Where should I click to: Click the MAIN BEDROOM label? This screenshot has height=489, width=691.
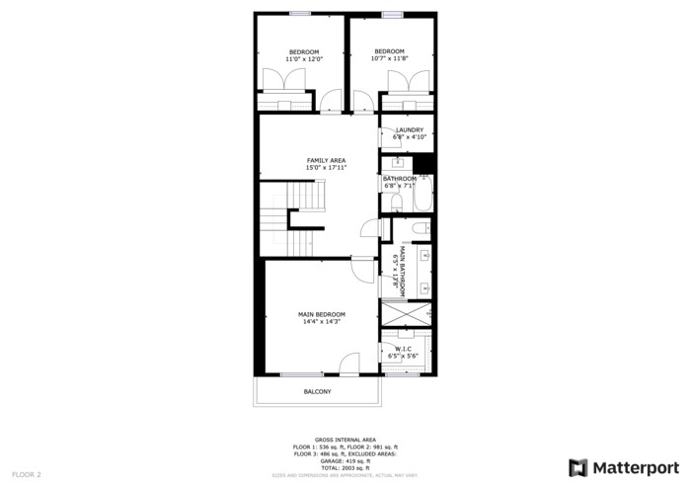point(322,314)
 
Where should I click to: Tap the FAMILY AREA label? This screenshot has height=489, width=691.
point(326,160)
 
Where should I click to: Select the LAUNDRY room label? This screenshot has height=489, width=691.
point(409,129)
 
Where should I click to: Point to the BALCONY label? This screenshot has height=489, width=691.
point(317,392)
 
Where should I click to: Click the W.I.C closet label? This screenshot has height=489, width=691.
point(404,349)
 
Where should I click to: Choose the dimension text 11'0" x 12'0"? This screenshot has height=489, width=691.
point(304,59)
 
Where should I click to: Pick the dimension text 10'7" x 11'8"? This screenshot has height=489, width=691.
point(389,59)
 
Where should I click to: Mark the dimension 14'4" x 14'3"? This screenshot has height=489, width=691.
point(322,322)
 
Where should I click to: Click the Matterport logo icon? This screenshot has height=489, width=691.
point(578,467)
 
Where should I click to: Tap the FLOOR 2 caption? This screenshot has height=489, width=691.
point(26,474)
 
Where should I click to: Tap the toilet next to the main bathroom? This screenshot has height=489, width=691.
point(418,230)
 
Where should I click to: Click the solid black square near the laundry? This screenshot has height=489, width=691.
point(423,164)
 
